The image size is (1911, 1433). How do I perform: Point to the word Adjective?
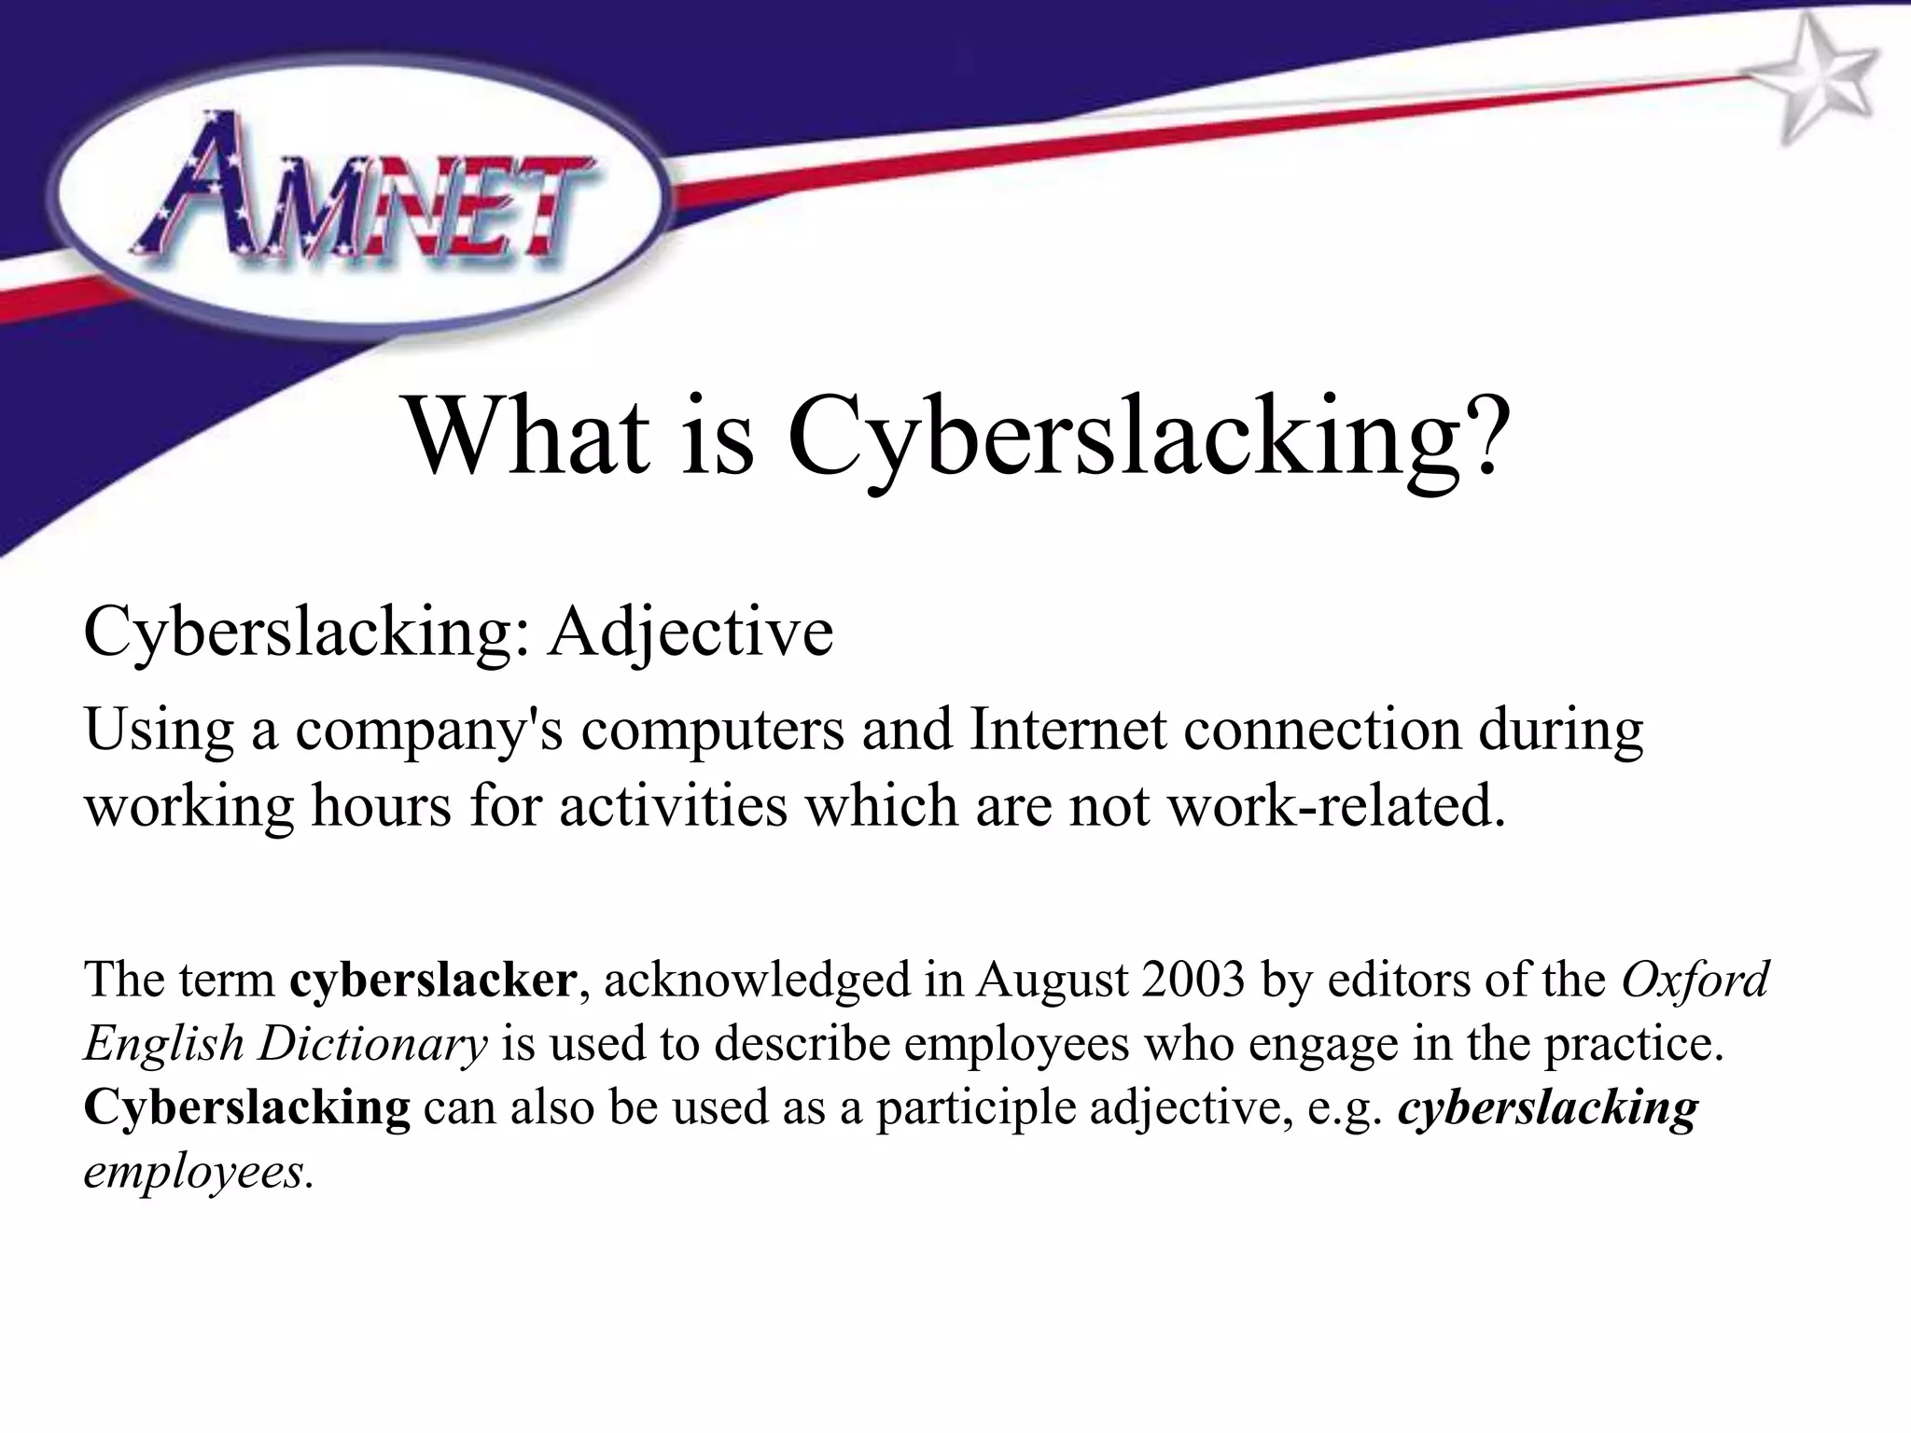(690, 632)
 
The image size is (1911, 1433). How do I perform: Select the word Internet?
(1067, 730)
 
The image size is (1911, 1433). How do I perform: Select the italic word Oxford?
(1695, 981)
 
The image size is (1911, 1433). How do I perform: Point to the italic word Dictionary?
(373, 1045)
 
